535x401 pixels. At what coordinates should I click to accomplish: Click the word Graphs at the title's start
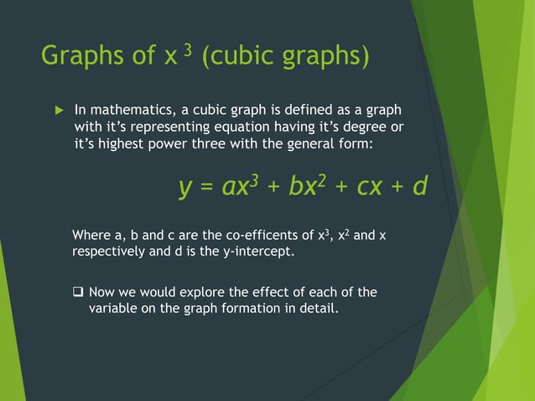[x=80, y=57]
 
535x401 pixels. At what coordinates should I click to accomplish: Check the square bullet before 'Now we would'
[x=78, y=292]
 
